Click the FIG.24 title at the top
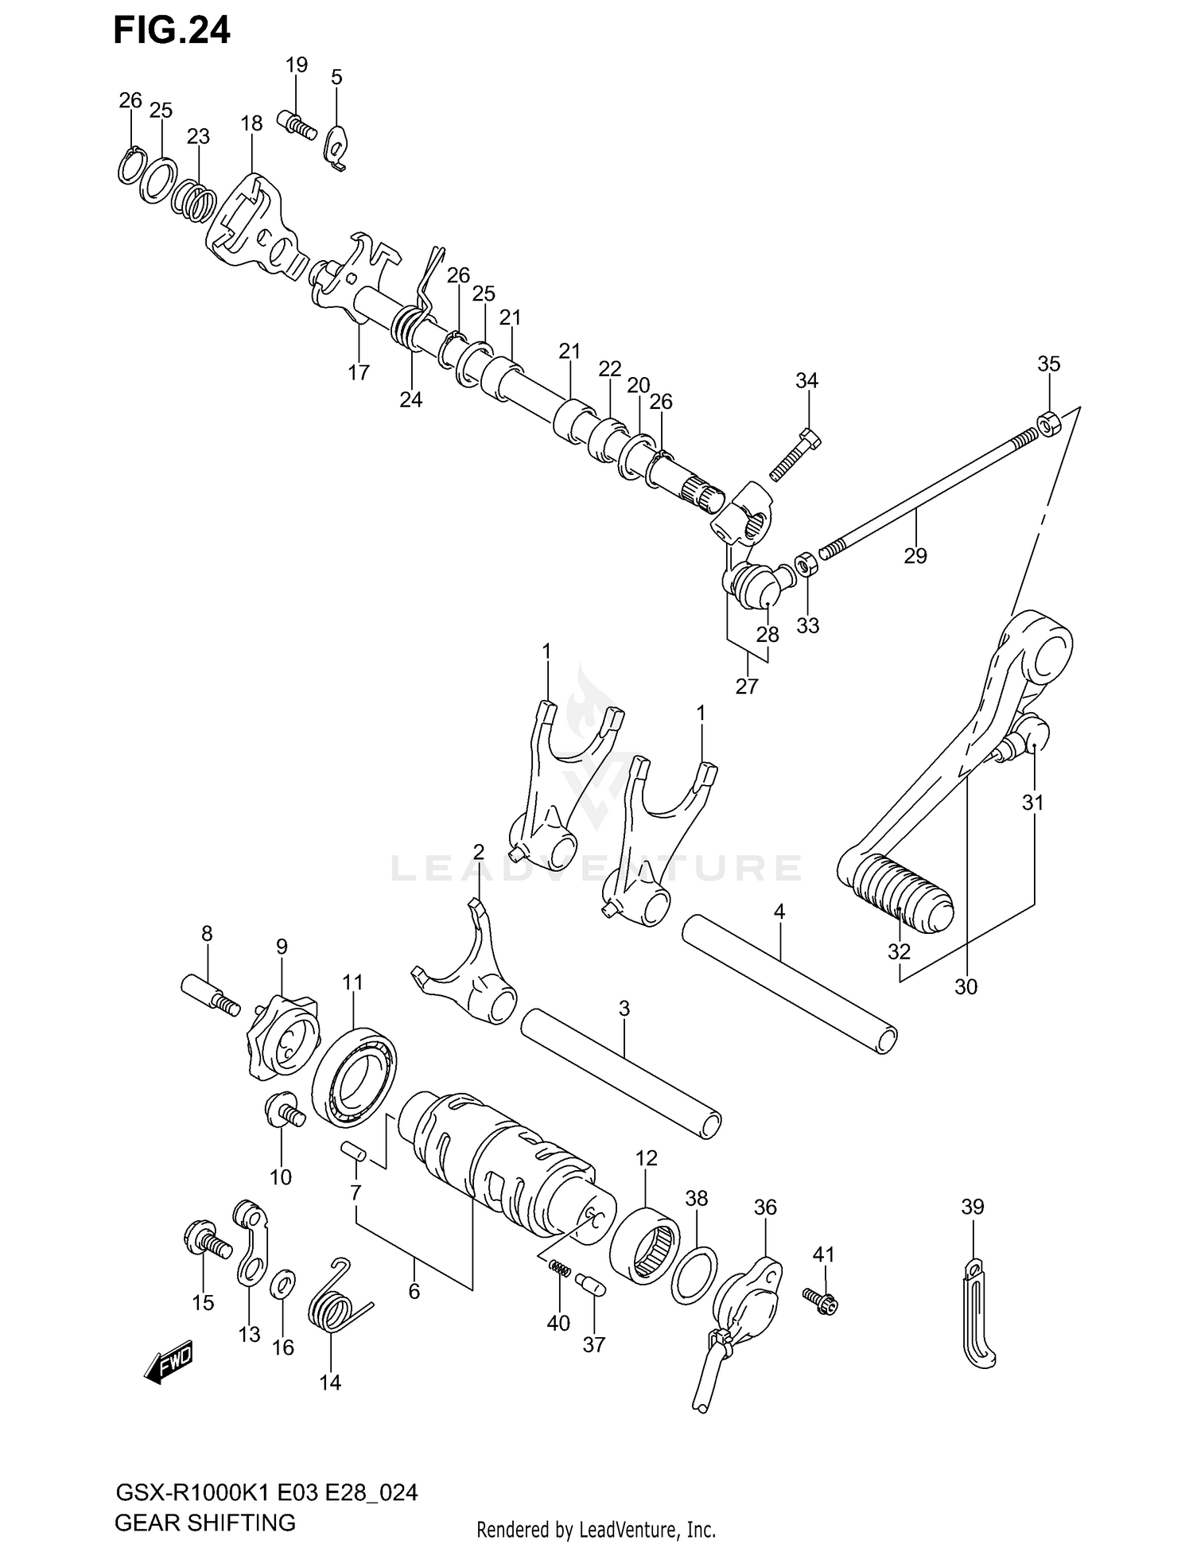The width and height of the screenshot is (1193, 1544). point(171,30)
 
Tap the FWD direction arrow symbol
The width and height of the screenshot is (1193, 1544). point(169,1367)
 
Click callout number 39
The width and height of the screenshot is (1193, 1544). point(972,1207)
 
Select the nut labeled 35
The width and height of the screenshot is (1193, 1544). point(1048,422)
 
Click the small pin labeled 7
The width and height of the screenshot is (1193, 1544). point(352,1150)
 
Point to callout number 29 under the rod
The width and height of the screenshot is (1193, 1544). point(915,554)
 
